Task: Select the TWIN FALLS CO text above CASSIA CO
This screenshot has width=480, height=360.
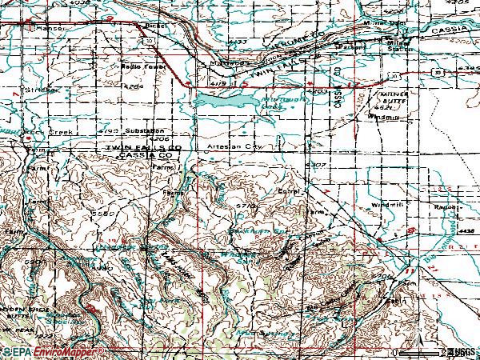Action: point(146,149)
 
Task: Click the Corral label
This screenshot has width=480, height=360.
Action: point(286,191)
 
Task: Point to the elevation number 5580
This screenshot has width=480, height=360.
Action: point(104,214)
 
